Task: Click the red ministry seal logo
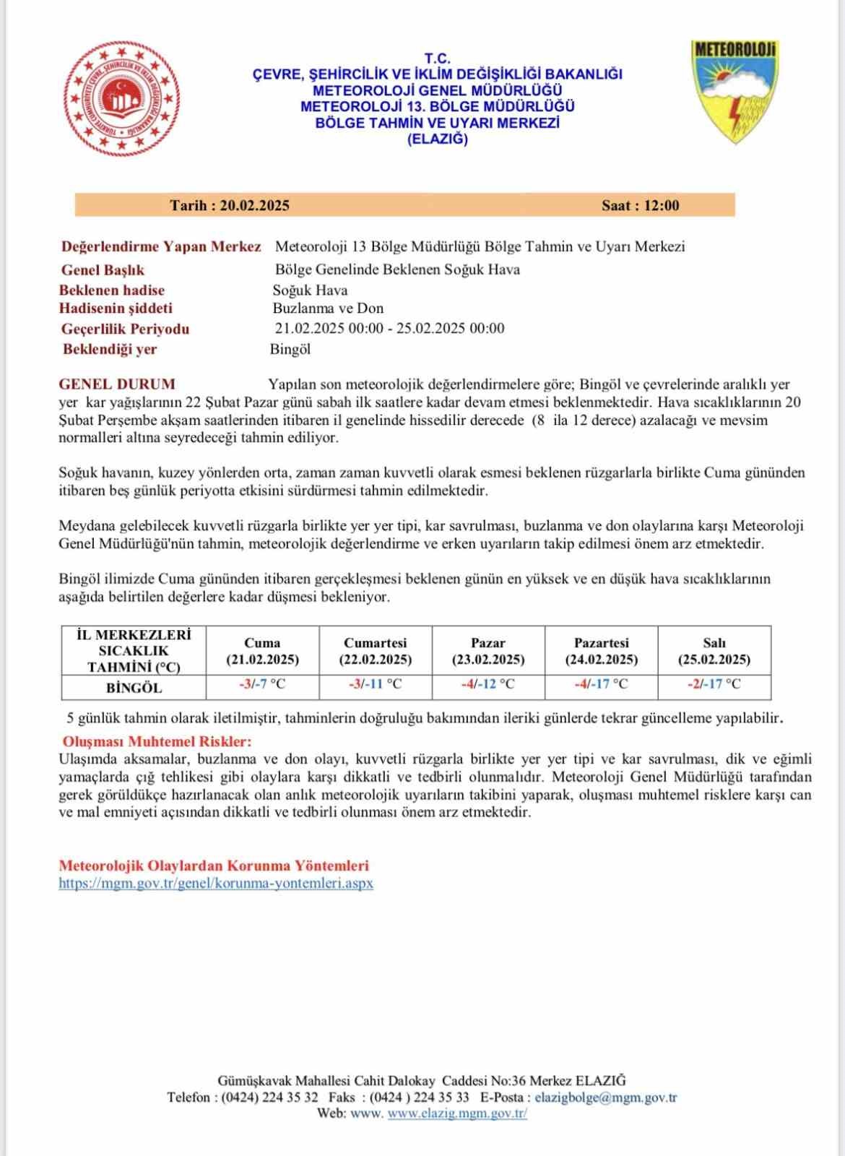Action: tap(121, 99)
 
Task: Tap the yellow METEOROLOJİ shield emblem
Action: tap(734, 91)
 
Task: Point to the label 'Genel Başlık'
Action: tap(103, 270)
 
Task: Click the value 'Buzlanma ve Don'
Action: tap(328, 309)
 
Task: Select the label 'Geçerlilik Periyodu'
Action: tap(125, 329)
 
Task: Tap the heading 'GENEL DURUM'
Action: tap(116, 384)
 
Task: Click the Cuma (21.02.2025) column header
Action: tap(262, 651)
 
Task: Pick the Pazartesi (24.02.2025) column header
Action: tap(601, 651)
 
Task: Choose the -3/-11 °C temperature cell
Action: tap(375, 684)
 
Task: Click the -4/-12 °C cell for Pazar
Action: tap(488, 684)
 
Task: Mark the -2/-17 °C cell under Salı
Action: tap(714, 684)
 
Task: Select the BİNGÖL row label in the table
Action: tap(134, 688)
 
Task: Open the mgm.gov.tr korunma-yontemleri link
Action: tap(216, 883)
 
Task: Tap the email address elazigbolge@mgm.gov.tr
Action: tap(605, 1097)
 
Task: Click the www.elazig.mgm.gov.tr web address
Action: tap(457, 1113)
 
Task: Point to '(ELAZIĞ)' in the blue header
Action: tap(438, 139)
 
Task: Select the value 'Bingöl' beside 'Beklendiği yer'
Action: tap(290, 349)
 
